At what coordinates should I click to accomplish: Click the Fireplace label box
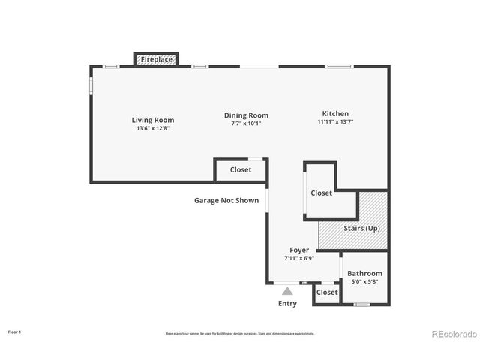click(156, 58)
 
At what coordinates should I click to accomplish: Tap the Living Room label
click(153, 120)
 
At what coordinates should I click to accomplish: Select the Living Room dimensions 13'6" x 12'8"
click(153, 128)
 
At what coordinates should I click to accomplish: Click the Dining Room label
click(246, 115)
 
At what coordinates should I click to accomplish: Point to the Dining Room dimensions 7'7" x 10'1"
click(246, 124)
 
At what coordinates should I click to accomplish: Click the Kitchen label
click(335, 113)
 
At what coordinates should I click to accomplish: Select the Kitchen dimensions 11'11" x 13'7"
click(335, 121)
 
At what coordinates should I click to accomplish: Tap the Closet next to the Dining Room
click(241, 170)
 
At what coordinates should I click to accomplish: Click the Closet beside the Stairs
click(321, 193)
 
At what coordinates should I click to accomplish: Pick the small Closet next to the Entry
click(327, 292)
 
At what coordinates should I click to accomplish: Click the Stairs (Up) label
click(361, 228)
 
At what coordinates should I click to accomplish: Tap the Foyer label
click(299, 250)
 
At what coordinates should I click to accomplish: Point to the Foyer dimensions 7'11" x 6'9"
click(299, 258)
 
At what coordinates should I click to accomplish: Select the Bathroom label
click(364, 274)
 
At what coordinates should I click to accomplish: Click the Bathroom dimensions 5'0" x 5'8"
click(364, 282)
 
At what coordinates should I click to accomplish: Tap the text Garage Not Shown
click(226, 201)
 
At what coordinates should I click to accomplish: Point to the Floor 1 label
click(15, 331)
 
